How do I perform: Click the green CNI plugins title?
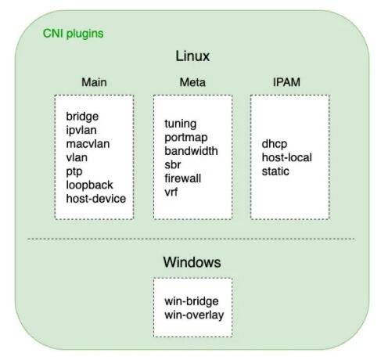(73, 34)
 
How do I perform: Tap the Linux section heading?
(192, 56)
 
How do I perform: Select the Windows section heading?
(192, 262)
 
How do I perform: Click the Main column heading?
(94, 82)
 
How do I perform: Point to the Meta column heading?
(192, 82)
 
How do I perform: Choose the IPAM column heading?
(286, 82)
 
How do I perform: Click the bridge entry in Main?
(82, 117)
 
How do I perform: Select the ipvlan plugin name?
(81, 130)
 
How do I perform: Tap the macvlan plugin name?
(88, 144)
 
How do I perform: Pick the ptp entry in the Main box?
(74, 172)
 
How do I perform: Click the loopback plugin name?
(89, 185)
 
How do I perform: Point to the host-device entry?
(96, 199)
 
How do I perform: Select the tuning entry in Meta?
(181, 124)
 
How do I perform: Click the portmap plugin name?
(186, 138)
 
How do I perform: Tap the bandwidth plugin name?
(191, 151)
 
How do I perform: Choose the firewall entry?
(183, 178)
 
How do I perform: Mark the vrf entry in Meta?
(171, 193)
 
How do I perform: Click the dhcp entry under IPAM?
(275, 144)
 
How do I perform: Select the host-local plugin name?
(286, 157)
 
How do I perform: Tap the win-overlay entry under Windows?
(194, 315)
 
